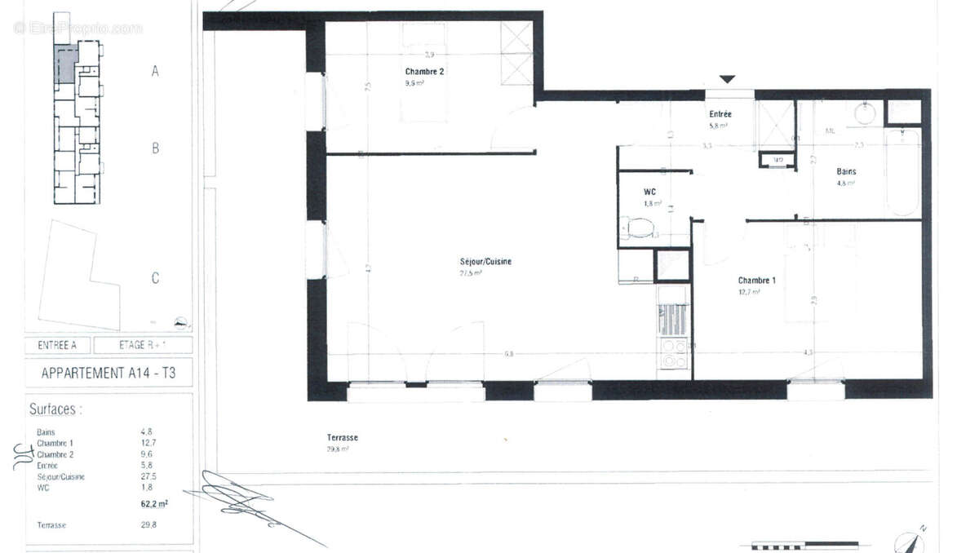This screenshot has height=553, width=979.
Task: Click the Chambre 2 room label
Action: point(424,72)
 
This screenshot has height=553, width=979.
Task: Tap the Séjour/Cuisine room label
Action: point(485,262)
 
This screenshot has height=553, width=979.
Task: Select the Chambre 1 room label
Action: point(756,280)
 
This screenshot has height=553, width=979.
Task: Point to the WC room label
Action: point(651,192)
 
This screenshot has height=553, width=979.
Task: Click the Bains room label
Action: point(846,172)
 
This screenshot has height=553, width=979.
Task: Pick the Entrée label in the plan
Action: point(720,114)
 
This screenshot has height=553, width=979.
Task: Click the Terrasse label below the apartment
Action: point(343,438)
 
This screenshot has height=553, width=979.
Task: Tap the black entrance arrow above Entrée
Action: point(727,79)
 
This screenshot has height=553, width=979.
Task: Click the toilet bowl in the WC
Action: point(640,227)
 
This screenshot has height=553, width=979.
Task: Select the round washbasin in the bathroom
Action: point(866,113)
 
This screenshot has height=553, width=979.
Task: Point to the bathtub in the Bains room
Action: point(903,172)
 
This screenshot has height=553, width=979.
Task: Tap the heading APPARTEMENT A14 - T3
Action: point(108,374)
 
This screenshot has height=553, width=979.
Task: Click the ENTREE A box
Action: point(57,345)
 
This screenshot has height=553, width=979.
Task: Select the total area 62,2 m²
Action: point(154,504)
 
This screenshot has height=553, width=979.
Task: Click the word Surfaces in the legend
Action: point(55,409)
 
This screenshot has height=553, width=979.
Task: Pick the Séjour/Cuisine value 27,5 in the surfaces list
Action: point(148,476)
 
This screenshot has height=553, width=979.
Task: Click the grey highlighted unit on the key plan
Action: point(65,61)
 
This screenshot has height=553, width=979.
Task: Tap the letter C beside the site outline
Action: point(155,278)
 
